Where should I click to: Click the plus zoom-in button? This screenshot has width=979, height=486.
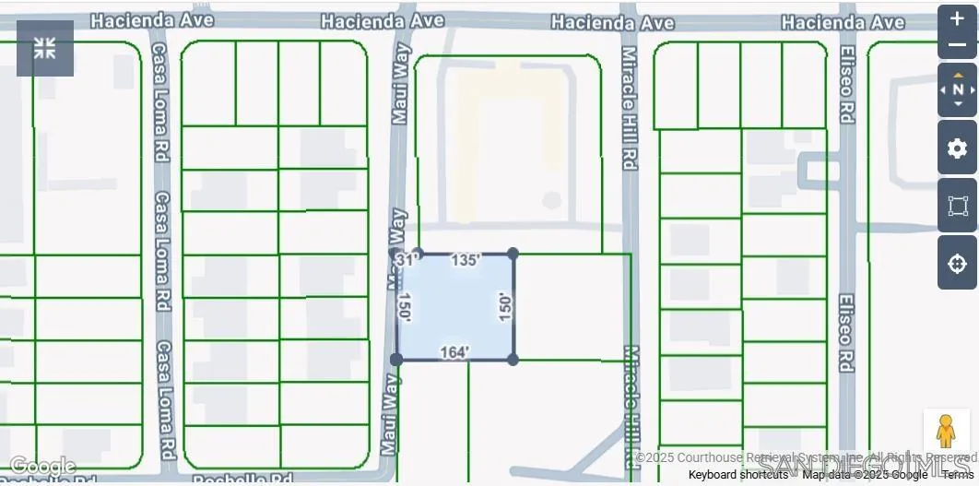tap(957, 18)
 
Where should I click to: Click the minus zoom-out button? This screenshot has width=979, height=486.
tap(957, 45)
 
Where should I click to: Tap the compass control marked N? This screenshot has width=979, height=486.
tap(957, 89)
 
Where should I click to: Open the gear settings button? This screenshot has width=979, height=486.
tap(957, 148)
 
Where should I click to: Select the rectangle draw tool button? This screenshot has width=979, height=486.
tap(957, 206)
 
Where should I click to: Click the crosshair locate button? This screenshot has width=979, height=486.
tap(957, 263)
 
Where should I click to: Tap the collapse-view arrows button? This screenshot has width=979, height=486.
tap(45, 48)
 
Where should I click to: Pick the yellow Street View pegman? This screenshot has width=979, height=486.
tap(946, 431)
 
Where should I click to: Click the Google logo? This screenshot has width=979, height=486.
tap(42, 467)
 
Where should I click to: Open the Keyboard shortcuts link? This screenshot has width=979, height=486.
tap(737, 475)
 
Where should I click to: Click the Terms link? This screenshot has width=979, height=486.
tap(958, 475)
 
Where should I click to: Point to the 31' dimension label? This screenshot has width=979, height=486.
tap(406, 260)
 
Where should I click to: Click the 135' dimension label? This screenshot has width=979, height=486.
tap(466, 261)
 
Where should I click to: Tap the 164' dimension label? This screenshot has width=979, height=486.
tap(454, 352)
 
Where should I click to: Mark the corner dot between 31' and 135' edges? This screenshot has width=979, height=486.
tap(418, 253)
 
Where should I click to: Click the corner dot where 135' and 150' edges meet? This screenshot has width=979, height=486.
tap(513, 253)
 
